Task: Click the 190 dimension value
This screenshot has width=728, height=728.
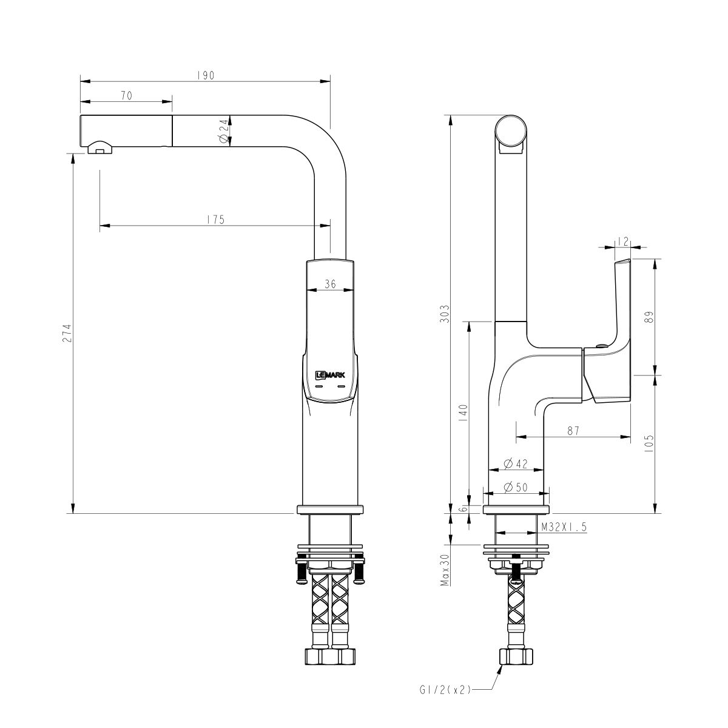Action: (206, 76)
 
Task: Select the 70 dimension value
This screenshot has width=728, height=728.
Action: (127, 95)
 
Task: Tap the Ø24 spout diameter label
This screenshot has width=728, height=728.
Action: (223, 131)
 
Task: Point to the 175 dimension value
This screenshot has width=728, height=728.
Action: (215, 220)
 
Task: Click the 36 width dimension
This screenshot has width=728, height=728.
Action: (330, 283)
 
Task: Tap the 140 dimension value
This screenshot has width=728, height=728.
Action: (463, 414)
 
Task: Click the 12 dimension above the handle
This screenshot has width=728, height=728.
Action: (622, 241)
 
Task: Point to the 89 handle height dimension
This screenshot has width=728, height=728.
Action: (649, 317)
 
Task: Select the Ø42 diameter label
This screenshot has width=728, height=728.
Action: (516, 464)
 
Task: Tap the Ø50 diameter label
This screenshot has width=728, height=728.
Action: (516, 487)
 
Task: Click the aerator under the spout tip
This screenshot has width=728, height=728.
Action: (99, 147)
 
